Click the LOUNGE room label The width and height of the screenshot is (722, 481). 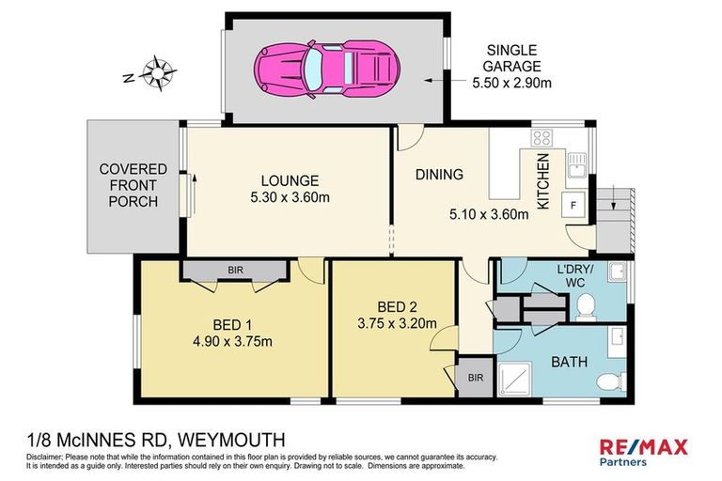pos(290,180)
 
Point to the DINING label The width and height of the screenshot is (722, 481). pos(439,174)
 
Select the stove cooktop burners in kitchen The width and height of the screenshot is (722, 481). pos(541,139)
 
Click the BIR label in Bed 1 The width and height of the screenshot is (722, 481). pos(233,270)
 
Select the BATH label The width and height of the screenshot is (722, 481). pos(571,361)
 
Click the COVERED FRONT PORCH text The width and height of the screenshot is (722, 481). pos(133,186)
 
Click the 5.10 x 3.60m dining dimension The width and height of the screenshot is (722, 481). pos(488,213)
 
